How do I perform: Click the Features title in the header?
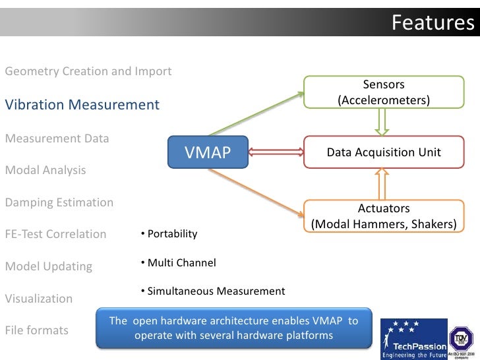click(432, 22)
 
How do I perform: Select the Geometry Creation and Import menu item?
click(88, 71)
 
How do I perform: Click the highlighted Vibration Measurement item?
click(82, 105)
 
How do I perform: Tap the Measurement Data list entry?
click(57, 138)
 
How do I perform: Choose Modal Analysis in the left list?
click(45, 170)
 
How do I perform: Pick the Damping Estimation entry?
click(59, 202)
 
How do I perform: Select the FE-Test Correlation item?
click(55, 234)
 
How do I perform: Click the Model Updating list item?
click(49, 266)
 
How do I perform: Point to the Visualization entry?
click(39, 299)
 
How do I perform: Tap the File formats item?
click(37, 330)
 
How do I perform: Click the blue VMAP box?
click(208, 153)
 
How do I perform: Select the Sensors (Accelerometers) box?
click(384, 92)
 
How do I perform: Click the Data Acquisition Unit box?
click(384, 153)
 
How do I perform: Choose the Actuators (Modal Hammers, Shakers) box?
click(384, 216)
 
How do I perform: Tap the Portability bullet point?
click(169, 234)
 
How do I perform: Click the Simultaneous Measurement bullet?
click(212, 291)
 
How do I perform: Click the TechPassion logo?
click(413, 338)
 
